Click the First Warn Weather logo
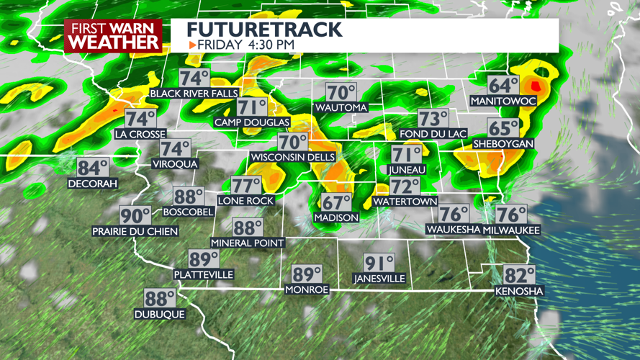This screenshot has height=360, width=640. click(x=113, y=35)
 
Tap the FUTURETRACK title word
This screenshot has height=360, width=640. click(x=264, y=30)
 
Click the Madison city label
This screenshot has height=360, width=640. click(x=336, y=217)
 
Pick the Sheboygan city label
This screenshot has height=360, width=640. click(x=503, y=144)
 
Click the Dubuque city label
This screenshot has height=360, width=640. click(x=160, y=314)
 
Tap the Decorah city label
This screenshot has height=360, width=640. click(x=92, y=184)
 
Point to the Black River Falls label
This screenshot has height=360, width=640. click(x=194, y=94)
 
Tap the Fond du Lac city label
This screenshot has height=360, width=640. click(x=433, y=133)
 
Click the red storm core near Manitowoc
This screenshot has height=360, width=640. click(x=535, y=86)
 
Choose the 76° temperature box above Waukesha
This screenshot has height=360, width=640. click(x=454, y=214)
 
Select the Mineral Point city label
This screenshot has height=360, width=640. click(x=248, y=243)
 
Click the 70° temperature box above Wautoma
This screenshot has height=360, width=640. click(x=341, y=93)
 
